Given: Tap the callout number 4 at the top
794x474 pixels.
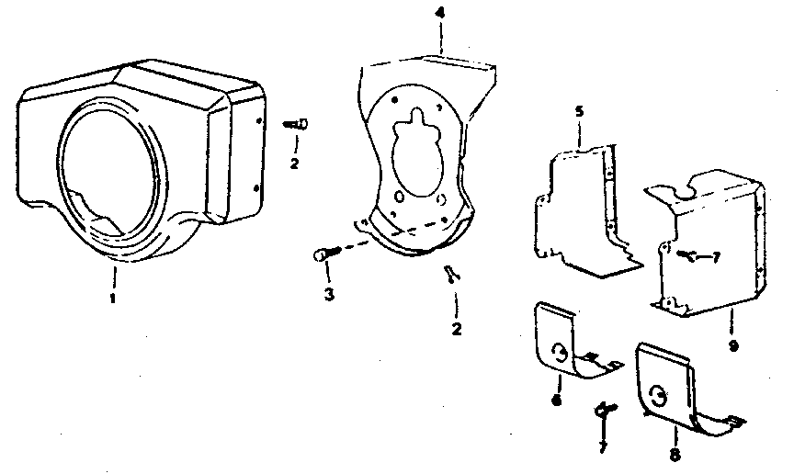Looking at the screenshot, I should coord(440,14).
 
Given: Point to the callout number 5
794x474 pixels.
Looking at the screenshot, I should coord(579,111).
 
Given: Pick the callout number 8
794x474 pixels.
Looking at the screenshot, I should coord(675,453).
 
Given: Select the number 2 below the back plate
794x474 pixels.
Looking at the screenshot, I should coord(456,328).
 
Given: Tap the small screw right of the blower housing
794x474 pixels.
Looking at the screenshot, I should coord(295,123).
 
